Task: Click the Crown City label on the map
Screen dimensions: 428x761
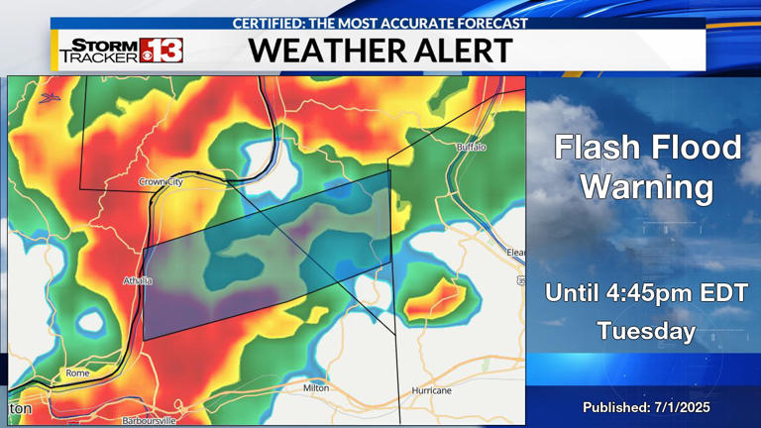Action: pyautogui.click(x=161, y=181)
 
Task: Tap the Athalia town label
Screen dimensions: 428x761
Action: pyautogui.click(x=138, y=280)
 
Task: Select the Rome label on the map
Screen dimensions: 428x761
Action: pyautogui.click(x=77, y=374)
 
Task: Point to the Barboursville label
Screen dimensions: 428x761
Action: pyautogui.click(x=149, y=421)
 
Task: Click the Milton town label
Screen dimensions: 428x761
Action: pyautogui.click(x=316, y=388)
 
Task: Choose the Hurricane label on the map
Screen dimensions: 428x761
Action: pyautogui.click(x=431, y=391)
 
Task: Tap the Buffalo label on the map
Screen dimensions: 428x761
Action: pyautogui.click(x=472, y=147)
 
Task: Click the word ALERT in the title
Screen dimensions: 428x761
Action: pyautogui.click(x=466, y=51)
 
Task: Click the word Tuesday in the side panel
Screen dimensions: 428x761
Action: pyautogui.click(x=646, y=331)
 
